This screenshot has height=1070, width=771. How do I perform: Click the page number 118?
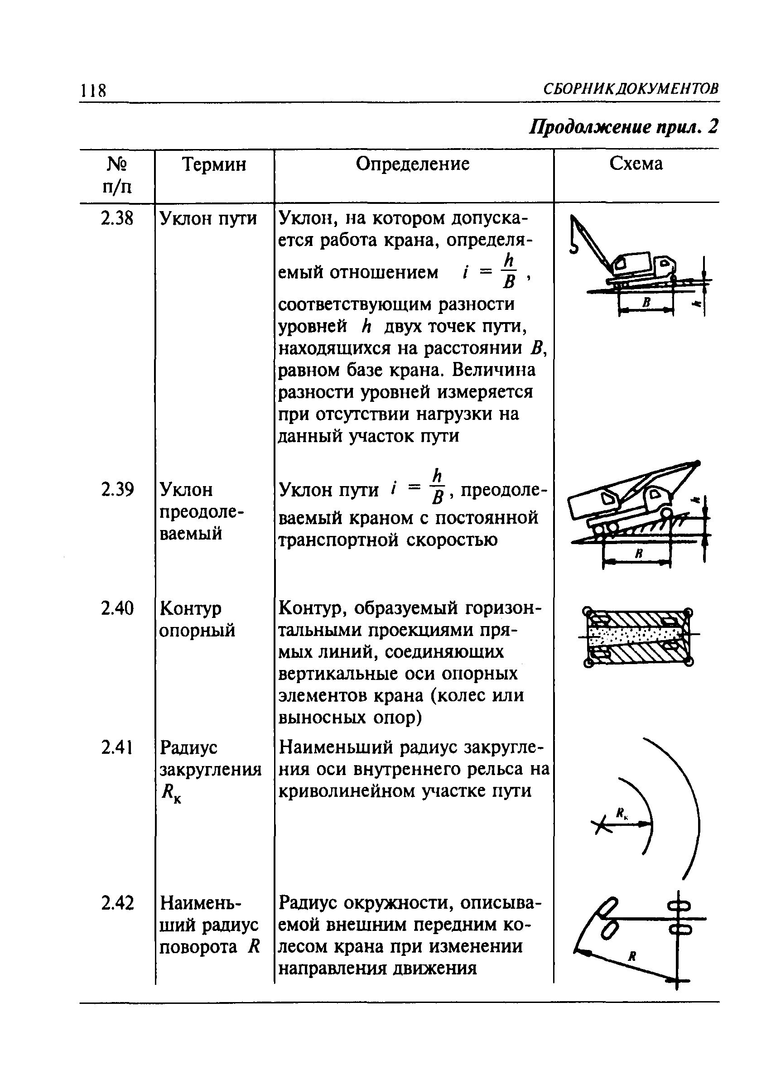pos(93,90)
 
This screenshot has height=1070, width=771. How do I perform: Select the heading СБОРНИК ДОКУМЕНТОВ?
pos(631,88)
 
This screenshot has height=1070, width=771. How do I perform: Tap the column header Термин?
pos(214,164)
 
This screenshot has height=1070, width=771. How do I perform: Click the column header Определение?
pos(412,164)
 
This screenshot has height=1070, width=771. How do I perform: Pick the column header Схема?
pos(636,163)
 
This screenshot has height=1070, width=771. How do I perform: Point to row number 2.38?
pos(117,218)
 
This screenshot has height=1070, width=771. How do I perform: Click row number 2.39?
pos(117,489)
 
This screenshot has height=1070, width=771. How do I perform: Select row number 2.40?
pos(117,608)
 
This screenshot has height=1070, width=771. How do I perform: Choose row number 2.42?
pos(117,903)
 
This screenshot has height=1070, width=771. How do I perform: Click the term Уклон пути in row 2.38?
pos(208,218)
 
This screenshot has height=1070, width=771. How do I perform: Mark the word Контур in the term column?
pos(190,608)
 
